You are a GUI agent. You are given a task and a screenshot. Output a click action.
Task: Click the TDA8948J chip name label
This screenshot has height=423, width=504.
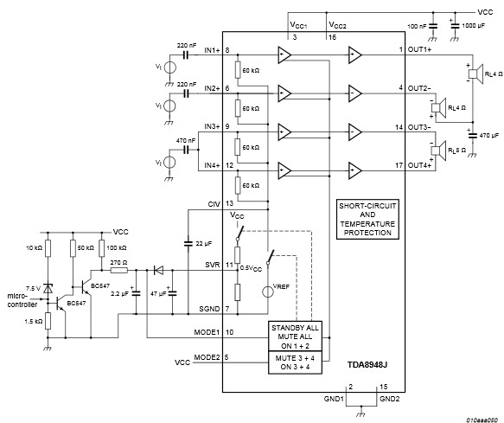(367, 364)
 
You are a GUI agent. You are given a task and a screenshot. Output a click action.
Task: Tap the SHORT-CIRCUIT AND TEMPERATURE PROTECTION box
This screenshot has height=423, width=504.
(367, 220)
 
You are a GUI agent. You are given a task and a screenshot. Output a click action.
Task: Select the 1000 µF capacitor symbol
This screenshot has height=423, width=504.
(455, 26)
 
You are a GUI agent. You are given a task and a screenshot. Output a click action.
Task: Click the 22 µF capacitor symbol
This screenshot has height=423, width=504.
(188, 243)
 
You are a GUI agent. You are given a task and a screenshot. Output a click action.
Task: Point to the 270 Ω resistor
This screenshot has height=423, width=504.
(119, 271)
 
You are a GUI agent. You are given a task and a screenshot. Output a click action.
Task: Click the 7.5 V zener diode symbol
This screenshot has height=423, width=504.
(48, 289)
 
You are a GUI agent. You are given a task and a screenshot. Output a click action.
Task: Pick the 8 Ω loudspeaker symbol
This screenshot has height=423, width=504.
(439, 151)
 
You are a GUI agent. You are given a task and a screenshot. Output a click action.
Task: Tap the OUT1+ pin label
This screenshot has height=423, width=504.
(420, 50)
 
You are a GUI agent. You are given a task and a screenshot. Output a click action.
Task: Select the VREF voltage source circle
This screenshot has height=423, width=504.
(267, 292)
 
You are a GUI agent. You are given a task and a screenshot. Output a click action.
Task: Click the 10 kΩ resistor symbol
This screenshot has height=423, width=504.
(48, 248)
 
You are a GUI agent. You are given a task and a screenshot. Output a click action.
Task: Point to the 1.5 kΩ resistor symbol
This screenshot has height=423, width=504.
(48, 321)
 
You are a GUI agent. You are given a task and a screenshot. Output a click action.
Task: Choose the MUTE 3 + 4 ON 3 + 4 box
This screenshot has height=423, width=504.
(295, 362)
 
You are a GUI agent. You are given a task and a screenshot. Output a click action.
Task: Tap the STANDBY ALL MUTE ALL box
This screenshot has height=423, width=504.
(295, 336)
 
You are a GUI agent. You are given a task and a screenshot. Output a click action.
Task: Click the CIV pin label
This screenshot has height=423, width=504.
(214, 204)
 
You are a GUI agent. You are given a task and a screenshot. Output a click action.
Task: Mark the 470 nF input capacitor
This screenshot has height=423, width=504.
(186, 150)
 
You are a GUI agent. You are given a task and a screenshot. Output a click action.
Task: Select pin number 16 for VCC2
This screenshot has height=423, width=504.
(332, 37)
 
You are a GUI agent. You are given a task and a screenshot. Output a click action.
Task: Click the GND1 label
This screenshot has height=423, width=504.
(334, 399)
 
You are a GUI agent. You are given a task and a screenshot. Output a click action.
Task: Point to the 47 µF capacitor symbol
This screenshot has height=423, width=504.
(172, 293)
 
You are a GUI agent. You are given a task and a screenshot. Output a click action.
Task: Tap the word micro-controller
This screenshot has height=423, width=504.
(22, 300)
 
